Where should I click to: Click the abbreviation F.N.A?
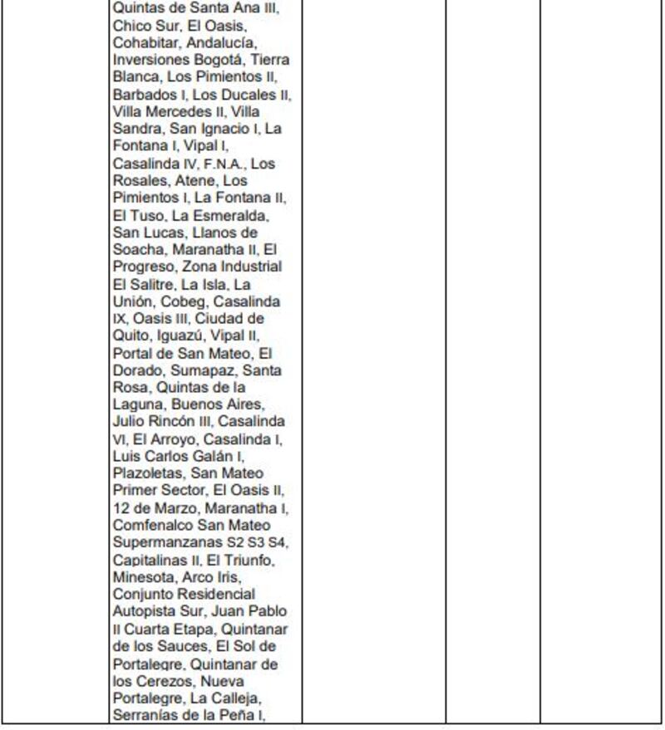pyautogui.click(x=224, y=164)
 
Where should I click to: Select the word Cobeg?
pyautogui.click(x=180, y=302)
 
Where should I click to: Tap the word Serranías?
pyautogui.click(x=144, y=716)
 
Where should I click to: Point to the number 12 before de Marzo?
pyautogui.click(x=120, y=508)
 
